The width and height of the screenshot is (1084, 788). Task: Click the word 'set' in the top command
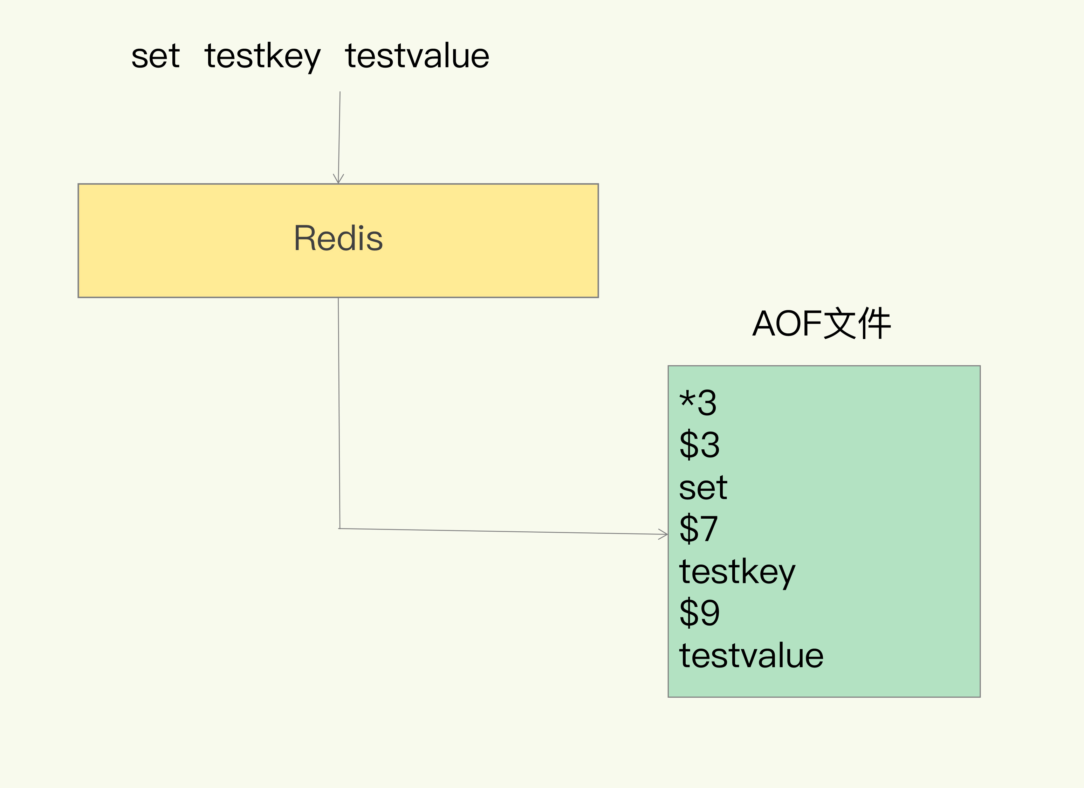pyautogui.click(x=155, y=56)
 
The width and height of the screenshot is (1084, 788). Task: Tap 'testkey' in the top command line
pyautogui.click(x=262, y=56)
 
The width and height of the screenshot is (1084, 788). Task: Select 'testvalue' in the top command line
pyautogui.click(x=417, y=56)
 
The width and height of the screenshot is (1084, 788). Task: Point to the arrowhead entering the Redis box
pyautogui.click(x=338, y=179)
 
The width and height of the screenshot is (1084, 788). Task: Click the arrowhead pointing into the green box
pyautogui.click(x=664, y=534)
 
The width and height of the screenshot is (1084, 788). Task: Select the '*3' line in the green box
pyautogui.click(x=698, y=403)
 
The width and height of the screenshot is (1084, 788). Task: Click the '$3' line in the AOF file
pyautogui.click(x=699, y=444)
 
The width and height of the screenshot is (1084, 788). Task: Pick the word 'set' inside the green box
pyautogui.click(x=702, y=488)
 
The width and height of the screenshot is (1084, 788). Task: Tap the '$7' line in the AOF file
pyautogui.click(x=698, y=528)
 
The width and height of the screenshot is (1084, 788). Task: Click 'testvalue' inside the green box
pyautogui.click(x=751, y=656)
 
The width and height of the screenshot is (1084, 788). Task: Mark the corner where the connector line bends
pyautogui.click(x=340, y=528)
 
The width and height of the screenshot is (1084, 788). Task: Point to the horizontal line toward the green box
pyautogui.click(x=502, y=531)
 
